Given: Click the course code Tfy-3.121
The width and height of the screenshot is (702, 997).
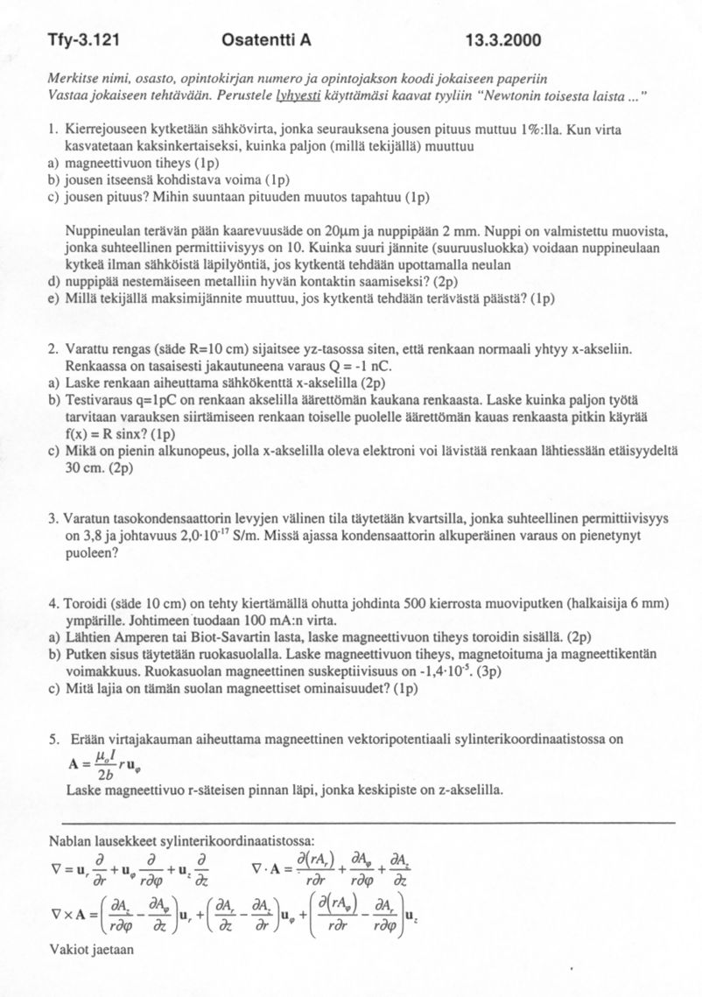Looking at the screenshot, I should point(83,40).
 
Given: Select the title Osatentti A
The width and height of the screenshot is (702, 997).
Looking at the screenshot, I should point(267,40).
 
